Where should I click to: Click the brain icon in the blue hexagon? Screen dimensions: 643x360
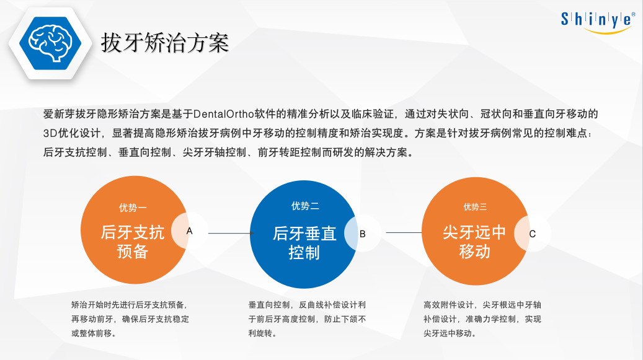[x=50, y=43]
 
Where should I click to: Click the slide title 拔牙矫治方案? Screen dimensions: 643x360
[x=165, y=43]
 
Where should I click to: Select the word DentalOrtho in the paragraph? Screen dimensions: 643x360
[x=223, y=114]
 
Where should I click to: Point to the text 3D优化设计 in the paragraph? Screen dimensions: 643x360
[x=72, y=133]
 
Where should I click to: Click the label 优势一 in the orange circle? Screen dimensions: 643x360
[x=133, y=208]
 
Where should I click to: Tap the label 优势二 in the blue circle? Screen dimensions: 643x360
[x=305, y=206]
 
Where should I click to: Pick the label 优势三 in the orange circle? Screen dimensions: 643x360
[x=475, y=207]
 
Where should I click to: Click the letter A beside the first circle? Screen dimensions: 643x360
[x=190, y=231]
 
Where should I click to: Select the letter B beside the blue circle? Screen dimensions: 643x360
[x=363, y=234]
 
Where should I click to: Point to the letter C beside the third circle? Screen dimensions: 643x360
[x=532, y=234]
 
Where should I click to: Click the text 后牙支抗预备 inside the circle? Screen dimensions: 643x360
[x=133, y=242]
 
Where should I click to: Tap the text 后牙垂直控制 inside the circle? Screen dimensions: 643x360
[x=304, y=243]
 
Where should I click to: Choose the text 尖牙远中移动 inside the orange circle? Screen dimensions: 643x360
[x=474, y=242]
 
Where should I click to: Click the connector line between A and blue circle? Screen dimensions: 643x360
[x=231, y=234]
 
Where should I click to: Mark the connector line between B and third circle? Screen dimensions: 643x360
[x=404, y=232]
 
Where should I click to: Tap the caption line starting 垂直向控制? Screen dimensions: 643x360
[x=307, y=305]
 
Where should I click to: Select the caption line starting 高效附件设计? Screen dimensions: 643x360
[x=482, y=305]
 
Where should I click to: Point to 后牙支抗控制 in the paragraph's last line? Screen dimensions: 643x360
[x=75, y=152]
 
